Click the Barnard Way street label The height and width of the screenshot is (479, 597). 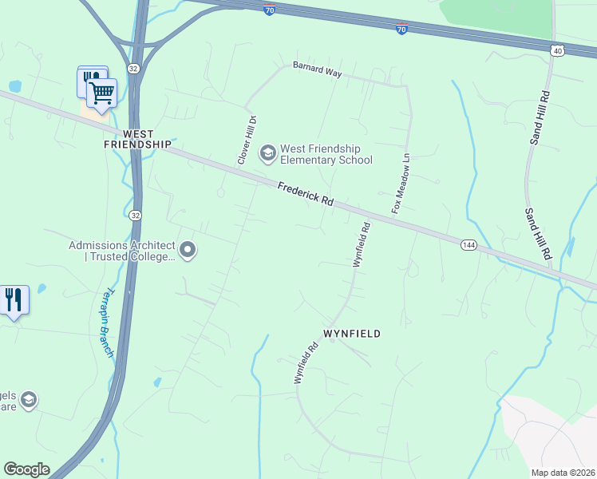coord(317,70)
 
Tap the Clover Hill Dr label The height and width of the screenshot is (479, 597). coord(247,141)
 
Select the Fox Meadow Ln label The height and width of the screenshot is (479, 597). coord(401,184)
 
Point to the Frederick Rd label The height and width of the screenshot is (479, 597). coord(306,195)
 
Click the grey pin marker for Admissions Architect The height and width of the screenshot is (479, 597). coord(188,251)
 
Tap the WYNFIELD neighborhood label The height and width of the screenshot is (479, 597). coord(351,333)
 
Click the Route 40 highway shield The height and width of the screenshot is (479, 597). coord(556,50)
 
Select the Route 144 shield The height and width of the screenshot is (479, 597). coord(469,245)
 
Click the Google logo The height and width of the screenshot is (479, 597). coord(26,469)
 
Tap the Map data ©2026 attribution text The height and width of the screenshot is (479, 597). coord(563,472)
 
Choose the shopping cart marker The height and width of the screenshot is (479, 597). coord(102,94)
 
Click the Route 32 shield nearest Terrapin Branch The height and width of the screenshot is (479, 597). coord(136,216)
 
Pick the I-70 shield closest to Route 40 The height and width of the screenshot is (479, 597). coord(401,29)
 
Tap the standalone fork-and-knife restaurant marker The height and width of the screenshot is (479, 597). coord(14,300)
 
